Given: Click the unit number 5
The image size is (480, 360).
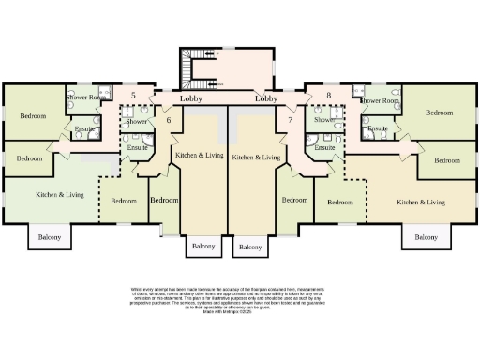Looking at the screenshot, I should point(134,96).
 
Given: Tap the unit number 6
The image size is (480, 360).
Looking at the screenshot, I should point(169,120).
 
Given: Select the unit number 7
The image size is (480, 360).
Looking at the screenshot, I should point(291,120).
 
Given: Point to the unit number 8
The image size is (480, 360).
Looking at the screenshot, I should point(328,96).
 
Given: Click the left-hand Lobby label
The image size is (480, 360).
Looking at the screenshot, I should point(193,97).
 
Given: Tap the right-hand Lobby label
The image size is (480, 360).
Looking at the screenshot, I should point(266,97).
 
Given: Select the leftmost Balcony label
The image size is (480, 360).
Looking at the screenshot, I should point(49,238).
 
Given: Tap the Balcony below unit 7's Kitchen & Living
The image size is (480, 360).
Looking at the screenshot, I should point(250,247).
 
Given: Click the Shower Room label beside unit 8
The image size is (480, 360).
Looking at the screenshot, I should point(379,99).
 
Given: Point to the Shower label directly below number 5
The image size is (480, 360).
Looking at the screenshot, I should point(137,122).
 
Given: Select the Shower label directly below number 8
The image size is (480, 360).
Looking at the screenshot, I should point(324,120).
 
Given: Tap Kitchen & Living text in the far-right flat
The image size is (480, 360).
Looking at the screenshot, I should point(420,202).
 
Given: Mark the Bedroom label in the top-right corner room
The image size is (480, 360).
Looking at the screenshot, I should point(439,112).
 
